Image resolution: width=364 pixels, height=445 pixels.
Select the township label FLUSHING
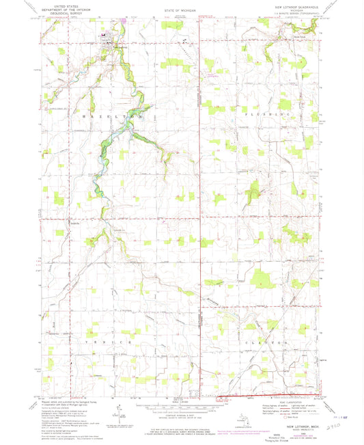tap(282, 111)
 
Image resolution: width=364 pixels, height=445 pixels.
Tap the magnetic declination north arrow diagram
tap(117, 412)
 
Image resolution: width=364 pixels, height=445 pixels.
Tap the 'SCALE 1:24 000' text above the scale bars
tap(182, 397)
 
